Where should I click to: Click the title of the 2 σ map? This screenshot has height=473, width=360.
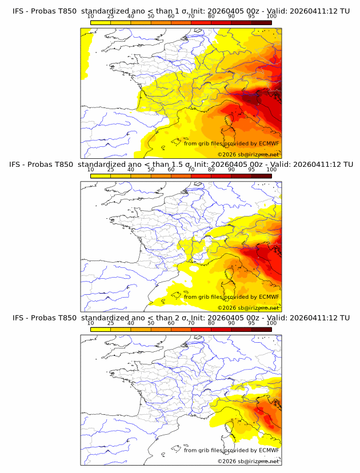tap(181, 318)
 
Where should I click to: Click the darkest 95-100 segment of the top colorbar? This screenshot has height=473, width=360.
tap(261, 22)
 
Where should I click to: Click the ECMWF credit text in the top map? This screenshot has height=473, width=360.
tap(231, 143)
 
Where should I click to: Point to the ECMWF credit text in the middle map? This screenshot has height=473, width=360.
tap(231, 297)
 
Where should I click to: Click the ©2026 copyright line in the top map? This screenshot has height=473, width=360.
tap(248, 154)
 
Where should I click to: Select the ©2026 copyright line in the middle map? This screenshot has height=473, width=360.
tap(248, 307)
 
